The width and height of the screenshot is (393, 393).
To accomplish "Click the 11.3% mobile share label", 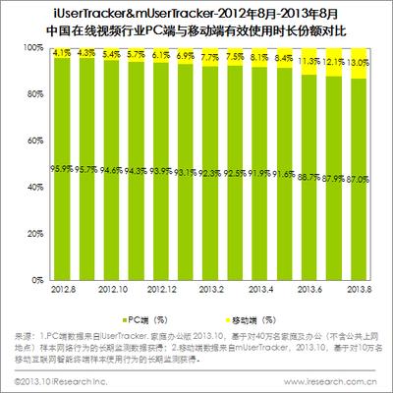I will click(314, 60).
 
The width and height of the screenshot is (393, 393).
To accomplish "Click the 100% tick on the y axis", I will click(34, 47).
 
